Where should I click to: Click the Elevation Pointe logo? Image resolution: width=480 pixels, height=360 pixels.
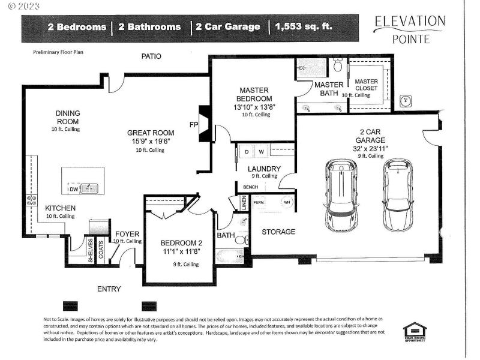[x=410, y=29]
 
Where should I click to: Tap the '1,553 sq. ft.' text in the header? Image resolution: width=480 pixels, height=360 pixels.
[x=303, y=27]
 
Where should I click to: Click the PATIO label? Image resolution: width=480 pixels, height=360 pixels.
[x=151, y=56]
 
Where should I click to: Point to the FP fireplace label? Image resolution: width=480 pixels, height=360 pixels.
[x=193, y=125]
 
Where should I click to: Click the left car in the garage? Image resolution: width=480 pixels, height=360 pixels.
[x=341, y=196]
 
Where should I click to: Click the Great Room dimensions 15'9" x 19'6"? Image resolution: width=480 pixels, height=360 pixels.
[x=149, y=142]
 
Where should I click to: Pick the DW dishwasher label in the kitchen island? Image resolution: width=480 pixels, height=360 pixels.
[x=73, y=189]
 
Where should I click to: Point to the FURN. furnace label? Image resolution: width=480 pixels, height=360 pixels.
[x=259, y=202]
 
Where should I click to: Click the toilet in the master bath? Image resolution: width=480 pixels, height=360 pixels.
[x=337, y=64]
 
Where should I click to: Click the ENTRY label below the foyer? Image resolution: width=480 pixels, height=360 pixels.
[x=109, y=289]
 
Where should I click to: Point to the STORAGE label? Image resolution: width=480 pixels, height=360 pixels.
[x=278, y=232]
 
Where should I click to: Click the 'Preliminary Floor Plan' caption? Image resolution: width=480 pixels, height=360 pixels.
[x=59, y=52]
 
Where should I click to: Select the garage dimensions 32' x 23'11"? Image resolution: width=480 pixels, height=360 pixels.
[x=370, y=148]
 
